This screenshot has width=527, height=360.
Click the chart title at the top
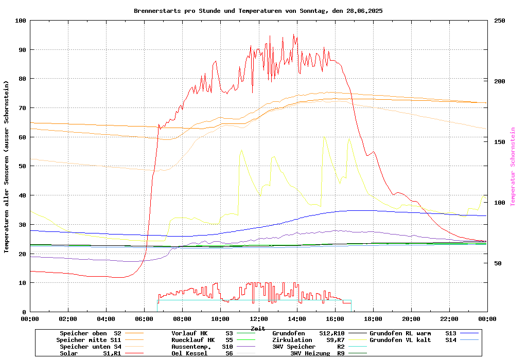(x=258, y=11)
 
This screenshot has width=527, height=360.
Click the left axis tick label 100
(x=20, y=21)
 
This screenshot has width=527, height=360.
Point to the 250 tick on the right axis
(x=500, y=21)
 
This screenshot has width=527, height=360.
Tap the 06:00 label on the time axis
(x=144, y=319)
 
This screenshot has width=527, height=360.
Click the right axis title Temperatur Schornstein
(x=513, y=167)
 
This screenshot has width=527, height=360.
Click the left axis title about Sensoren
(x=7, y=167)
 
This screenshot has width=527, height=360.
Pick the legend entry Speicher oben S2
(x=91, y=333)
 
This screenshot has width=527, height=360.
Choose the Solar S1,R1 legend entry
(x=91, y=353)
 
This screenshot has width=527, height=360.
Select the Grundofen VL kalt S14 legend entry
(x=406, y=340)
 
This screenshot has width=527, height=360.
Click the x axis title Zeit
(x=258, y=328)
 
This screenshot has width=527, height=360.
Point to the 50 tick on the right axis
(x=498, y=263)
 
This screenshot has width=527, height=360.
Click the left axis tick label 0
(x=24, y=312)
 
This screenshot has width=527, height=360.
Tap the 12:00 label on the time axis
(x=259, y=319)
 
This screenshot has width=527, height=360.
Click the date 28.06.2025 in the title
(x=364, y=11)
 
